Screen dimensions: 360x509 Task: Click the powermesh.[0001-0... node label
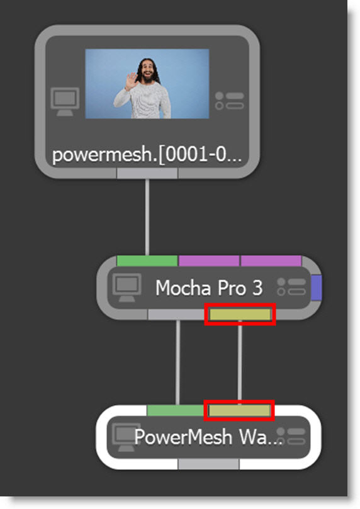[147, 155]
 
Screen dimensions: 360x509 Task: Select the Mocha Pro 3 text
[209, 288]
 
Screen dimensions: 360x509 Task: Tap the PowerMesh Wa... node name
[208, 437]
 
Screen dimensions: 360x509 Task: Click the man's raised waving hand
[132, 82]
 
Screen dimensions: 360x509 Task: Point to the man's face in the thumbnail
[148, 70]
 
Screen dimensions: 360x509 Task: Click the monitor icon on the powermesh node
[65, 101]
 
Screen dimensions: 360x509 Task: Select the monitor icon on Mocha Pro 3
[127, 288]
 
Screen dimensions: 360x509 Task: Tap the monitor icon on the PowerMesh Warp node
[126, 437]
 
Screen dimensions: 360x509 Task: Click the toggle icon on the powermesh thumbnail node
[230, 101]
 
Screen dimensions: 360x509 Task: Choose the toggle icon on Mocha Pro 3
[291, 287]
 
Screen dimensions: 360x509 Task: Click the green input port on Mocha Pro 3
[147, 261]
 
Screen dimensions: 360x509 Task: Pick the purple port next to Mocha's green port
[209, 261]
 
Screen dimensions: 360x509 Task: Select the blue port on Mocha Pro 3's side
[317, 288]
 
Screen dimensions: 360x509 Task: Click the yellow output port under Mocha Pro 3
[240, 314]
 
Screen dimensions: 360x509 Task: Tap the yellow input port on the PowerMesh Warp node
[239, 411]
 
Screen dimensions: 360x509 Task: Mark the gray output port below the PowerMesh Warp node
[208, 464]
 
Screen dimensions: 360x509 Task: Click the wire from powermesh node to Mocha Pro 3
[147, 217]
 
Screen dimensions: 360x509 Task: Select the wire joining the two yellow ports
[240, 362]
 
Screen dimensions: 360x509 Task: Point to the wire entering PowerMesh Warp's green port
[177, 362]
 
